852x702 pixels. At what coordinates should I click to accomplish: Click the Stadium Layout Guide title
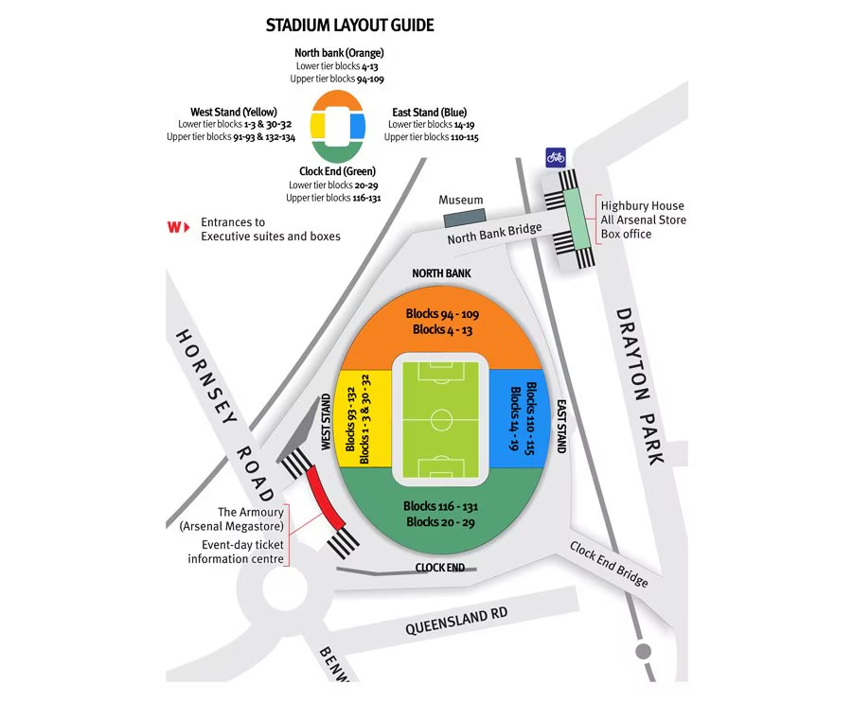[x=349, y=26]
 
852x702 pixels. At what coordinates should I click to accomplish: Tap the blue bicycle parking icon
[x=555, y=156]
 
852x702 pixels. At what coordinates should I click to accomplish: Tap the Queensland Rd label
[x=456, y=620]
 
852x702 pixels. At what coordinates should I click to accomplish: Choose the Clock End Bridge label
[x=609, y=563]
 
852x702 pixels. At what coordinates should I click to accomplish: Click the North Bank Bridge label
[x=494, y=233]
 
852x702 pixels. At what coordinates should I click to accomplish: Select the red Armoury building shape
[x=322, y=499]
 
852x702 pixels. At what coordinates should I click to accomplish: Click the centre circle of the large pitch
[x=440, y=417]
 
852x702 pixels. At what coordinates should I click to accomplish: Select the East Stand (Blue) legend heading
[x=429, y=112]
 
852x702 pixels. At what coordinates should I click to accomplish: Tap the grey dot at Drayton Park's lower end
[x=644, y=651]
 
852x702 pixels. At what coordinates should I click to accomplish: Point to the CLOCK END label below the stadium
[x=439, y=568]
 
